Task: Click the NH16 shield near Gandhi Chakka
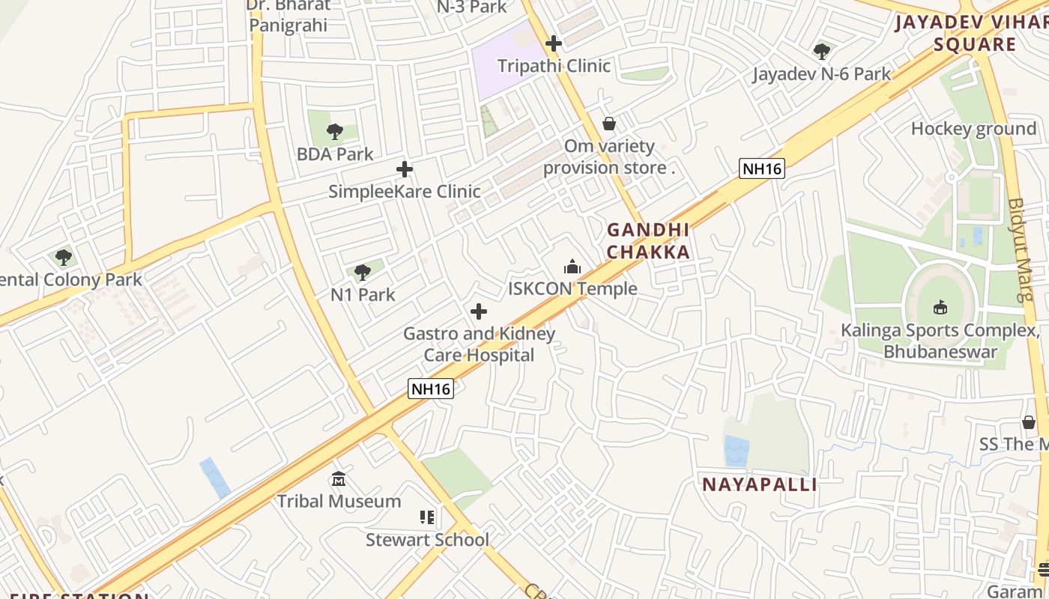(761, 168)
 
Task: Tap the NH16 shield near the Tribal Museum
(431, 389)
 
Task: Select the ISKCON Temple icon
(572, 267)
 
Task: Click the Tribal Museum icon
(339, 479)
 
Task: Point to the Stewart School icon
(427, 517)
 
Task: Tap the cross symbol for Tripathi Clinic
(554, 43)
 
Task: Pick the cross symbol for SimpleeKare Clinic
(405, 169)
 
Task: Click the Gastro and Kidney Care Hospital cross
(479, 311)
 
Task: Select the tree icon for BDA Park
(335, 133)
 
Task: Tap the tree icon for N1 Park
(363, 273)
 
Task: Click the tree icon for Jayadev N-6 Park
(822, 52)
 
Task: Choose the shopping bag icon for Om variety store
(609, 124)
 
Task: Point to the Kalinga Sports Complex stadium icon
(940, 307)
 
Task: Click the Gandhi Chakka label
(648, 240)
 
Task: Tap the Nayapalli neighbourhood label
(759, 484)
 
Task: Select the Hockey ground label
(973, 129)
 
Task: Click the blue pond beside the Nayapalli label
(737, 451)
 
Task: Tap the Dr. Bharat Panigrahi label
(288, 16)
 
